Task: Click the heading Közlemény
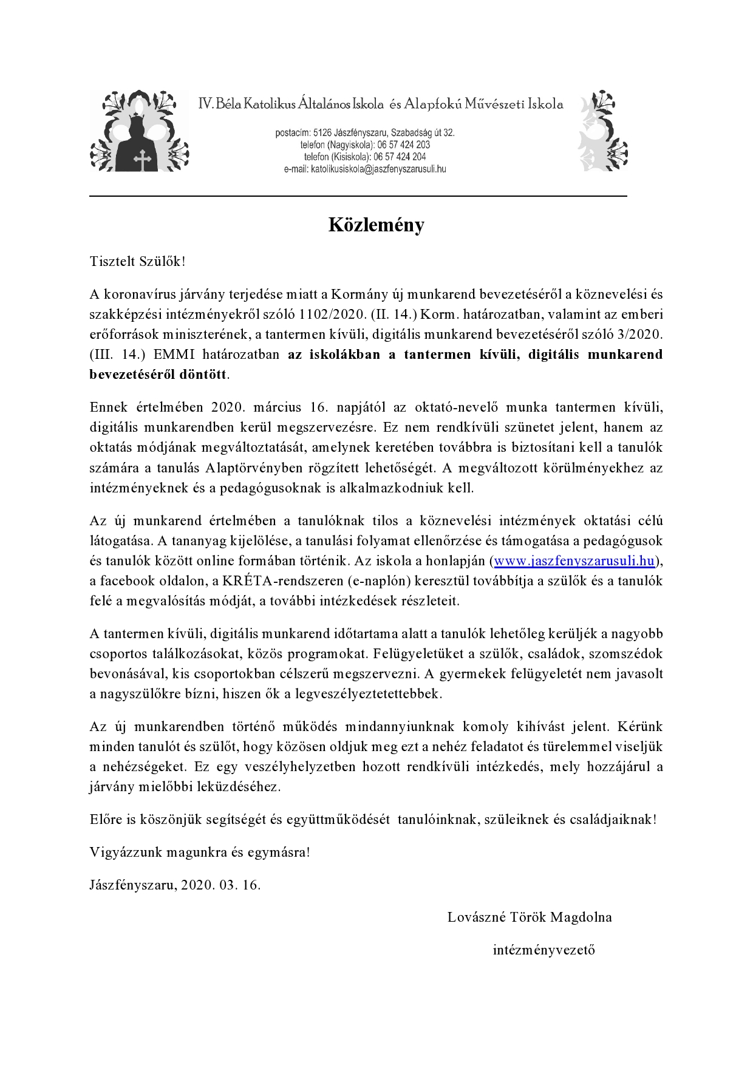click(376, 225)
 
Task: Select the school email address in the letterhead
click(378, 169)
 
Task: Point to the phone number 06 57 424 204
click(401, 157)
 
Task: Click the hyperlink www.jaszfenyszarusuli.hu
click(574, 561)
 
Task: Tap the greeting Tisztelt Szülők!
click(137, 262)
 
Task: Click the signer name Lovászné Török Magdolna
click(530, 917)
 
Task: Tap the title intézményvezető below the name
click(543, 950)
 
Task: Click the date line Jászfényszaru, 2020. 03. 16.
click(175, 885)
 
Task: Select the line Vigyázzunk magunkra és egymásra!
click(200, 852)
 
